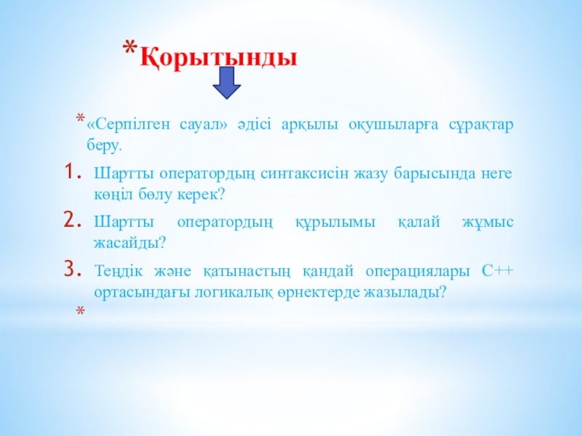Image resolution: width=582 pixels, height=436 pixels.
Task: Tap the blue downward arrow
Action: pos(227,83)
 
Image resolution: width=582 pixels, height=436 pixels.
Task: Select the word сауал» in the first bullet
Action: pos(204,124)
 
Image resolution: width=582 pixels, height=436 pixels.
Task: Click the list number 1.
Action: pos(72,171)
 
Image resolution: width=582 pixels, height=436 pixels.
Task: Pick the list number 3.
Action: pos(72,269)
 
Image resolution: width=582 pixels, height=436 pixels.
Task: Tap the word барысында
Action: pos(434,174)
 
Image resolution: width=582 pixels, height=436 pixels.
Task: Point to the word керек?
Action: pos(202,194)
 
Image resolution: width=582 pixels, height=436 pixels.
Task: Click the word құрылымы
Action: pos(335,222)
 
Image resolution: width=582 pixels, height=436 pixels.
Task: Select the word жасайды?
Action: pos(129,243)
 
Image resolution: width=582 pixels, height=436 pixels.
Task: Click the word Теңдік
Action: pos(119,271)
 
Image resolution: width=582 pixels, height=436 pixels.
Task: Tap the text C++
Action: pos(498,271)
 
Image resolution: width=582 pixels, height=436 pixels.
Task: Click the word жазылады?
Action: pos(404,293)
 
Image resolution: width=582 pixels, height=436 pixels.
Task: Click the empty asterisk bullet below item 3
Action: pos(80,310)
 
